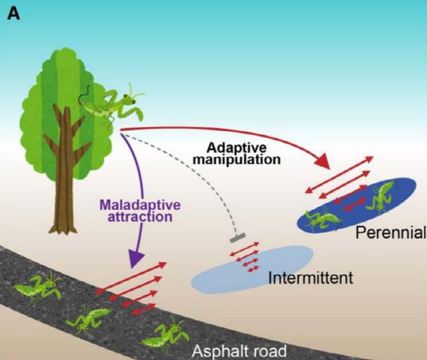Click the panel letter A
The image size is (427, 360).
pyautogui.click(x=14, y=13)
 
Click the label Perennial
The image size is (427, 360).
pyautogui.click(x=390, y=233)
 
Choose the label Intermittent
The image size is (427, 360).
pyautogui.click(x=310, y=277)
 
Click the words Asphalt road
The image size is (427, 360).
pyautogui.click(x=238, y=351)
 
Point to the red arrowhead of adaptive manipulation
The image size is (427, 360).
pyautogui.click(x=322, y=162)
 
